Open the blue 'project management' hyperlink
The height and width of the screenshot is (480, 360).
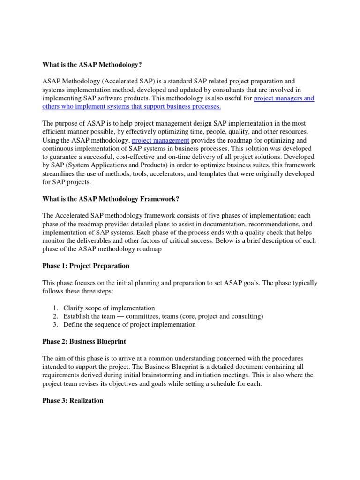[x=161, y=140]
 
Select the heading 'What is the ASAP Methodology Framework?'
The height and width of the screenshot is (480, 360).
[x=111, y=199]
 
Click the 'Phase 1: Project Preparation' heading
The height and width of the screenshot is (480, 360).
[x=86, y=266]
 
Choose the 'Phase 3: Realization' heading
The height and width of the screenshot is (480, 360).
[x=73, y=401]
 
